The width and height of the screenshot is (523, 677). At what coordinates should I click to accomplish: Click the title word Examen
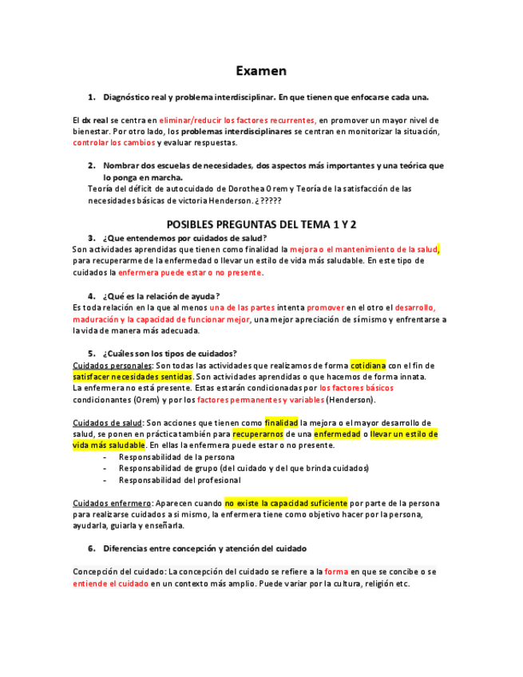pos(261,70)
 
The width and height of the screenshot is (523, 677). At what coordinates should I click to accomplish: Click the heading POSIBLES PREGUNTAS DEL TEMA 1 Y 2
pos(261,224)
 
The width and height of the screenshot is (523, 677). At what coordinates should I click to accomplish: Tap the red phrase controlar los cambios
pos(113,143)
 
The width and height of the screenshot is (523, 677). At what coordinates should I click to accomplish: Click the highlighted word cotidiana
pos(368,365)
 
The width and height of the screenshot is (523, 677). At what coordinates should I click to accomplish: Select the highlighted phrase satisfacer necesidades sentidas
pos(133,376)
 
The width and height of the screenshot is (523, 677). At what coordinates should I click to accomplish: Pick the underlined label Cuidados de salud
pos(108,422)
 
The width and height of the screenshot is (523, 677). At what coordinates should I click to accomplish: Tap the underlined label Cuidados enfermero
pos(112,503)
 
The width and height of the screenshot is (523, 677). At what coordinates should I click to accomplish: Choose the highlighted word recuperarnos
pos(258,434)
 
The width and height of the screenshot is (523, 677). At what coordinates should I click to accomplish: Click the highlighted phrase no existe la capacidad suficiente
pos(286,503)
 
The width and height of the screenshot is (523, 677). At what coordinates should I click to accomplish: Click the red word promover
pos(325,307)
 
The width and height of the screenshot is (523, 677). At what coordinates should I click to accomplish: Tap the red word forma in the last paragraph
pos(336,572)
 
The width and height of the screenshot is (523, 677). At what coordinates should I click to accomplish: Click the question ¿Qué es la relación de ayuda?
pos(160,295)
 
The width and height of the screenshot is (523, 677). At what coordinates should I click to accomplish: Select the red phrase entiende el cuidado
pos(110,584)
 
